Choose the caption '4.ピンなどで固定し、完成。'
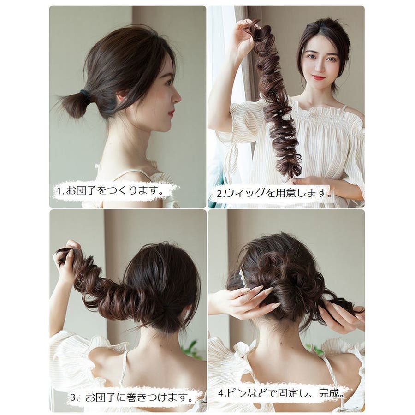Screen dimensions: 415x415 click(281, 394)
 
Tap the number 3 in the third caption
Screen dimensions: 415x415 click(73, 398)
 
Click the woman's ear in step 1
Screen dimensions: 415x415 click(121, 96)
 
